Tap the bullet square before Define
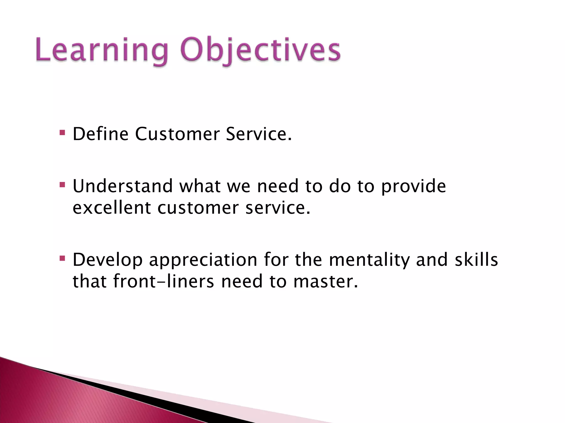coord(62,133)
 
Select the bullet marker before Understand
coord(62,184)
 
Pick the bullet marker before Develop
coord(62,258)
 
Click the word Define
coord(100,134)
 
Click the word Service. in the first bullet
coord(258,134)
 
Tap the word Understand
coord(123,186)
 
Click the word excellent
coord(111,208)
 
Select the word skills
coord(476,260)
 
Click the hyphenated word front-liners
coord(164,282)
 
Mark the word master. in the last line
coord(326,282)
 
